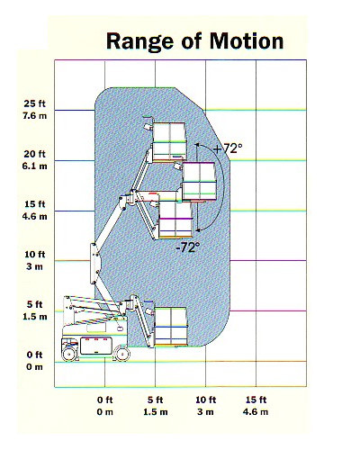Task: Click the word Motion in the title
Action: point(247,40)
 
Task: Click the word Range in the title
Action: point(139,42)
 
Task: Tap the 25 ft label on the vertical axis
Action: point(35,103)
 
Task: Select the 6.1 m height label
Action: point(35,166)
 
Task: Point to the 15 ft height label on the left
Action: point(35,204)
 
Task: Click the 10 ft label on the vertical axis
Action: point(35,255)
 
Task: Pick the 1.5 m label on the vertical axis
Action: point(35,317)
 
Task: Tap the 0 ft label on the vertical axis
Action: point(35,355)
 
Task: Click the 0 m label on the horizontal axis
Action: point(104,412)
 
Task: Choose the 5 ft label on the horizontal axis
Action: point(155,400)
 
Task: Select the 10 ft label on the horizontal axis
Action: point(206,400)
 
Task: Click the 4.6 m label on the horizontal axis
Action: point(256,412)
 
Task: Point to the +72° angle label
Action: point(229,148)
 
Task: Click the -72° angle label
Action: point(188,247)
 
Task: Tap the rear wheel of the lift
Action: point(69,355)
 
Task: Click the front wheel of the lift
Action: point(122,355)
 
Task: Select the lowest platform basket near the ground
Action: point(170,327)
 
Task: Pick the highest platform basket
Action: point(169,141)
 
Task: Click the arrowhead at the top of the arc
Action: point(197,146)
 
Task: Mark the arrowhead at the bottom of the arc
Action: point(197,230)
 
